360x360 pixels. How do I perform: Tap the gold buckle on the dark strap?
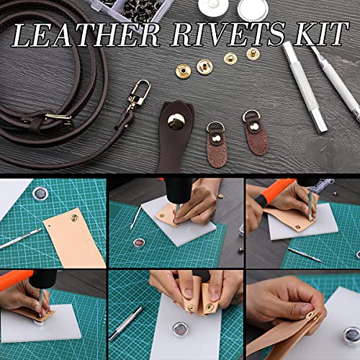pos(54,117)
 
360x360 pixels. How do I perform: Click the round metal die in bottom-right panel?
pos(351,336)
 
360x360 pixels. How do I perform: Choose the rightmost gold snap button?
pos(253,53)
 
